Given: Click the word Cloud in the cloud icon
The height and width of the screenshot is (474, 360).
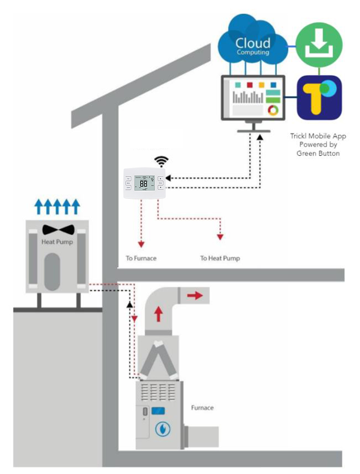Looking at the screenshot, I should (253, 42).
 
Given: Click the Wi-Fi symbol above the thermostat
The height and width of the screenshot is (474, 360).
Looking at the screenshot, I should (161, 161).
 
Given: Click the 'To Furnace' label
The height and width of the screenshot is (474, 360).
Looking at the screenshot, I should (141, 258).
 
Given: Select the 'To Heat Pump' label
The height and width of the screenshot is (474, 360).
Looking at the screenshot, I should (220, 258).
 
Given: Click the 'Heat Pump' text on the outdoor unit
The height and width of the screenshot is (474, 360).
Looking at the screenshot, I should (57, 242).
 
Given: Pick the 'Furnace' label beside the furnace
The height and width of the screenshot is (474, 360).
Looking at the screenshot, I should (202, 408).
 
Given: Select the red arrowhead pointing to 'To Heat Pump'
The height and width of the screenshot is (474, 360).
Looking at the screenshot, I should (220, 237).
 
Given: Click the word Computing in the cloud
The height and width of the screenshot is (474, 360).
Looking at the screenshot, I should (253, 52).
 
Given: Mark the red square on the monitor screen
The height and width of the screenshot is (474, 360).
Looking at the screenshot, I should (249, 85).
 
